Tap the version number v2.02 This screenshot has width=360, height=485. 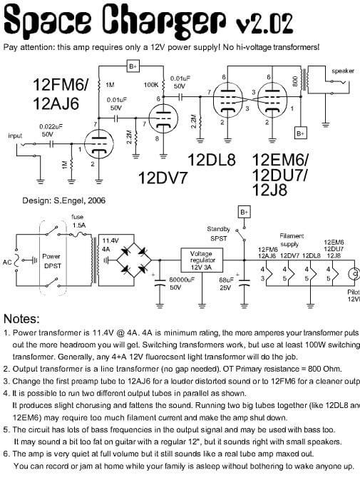pos(264,24)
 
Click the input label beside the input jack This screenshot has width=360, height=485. pos(15,136)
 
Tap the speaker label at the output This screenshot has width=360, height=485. pos(343,71)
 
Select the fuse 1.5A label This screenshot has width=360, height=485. pos(76,220)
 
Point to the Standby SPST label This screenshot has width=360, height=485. pos(218,233)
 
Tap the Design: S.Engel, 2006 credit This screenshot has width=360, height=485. pos(64,202)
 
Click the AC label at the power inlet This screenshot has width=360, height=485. pos(7,262)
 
